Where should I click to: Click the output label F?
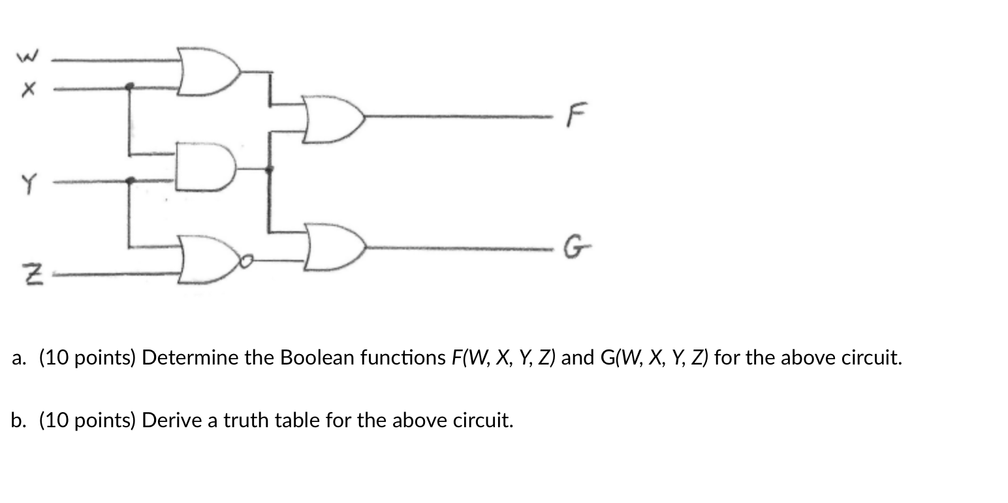[574, 116]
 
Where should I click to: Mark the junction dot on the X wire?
[129, 86]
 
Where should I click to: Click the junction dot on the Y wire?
[131, 180]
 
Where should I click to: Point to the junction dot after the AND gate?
[268, 169]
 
